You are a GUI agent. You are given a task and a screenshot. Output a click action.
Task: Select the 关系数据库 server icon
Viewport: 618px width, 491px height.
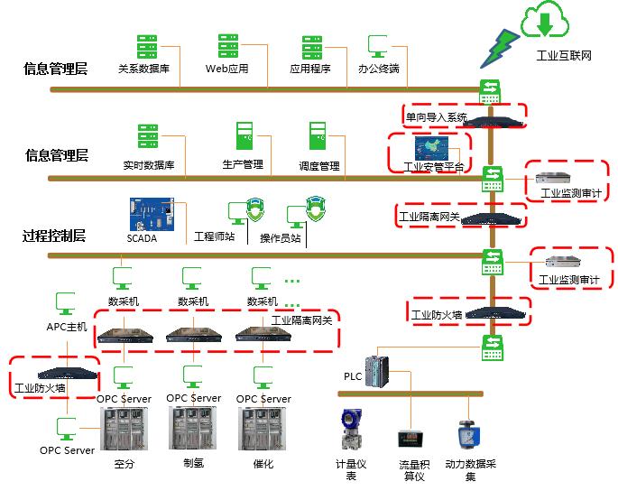pos(146,47)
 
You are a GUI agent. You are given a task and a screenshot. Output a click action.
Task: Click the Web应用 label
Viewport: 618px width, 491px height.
pos(226,69)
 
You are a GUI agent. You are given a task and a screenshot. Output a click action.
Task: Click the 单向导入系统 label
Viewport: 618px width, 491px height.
pos(436,117)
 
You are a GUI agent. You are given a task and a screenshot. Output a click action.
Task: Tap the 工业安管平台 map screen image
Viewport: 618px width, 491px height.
pos(436,149)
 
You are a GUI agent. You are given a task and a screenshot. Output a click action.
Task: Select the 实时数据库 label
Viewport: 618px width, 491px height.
pos(149,166)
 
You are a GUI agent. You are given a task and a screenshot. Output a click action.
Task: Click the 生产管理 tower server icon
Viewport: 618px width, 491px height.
pos(242,136)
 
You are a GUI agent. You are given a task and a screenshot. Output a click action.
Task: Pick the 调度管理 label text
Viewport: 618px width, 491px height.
pos(318,166)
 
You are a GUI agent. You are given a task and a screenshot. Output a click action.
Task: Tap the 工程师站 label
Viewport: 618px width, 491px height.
pos(215,237)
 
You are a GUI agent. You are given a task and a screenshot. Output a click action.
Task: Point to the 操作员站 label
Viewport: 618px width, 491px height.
pos(281,239)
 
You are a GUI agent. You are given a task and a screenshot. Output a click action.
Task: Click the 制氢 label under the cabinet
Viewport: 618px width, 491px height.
pos(194,464)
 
